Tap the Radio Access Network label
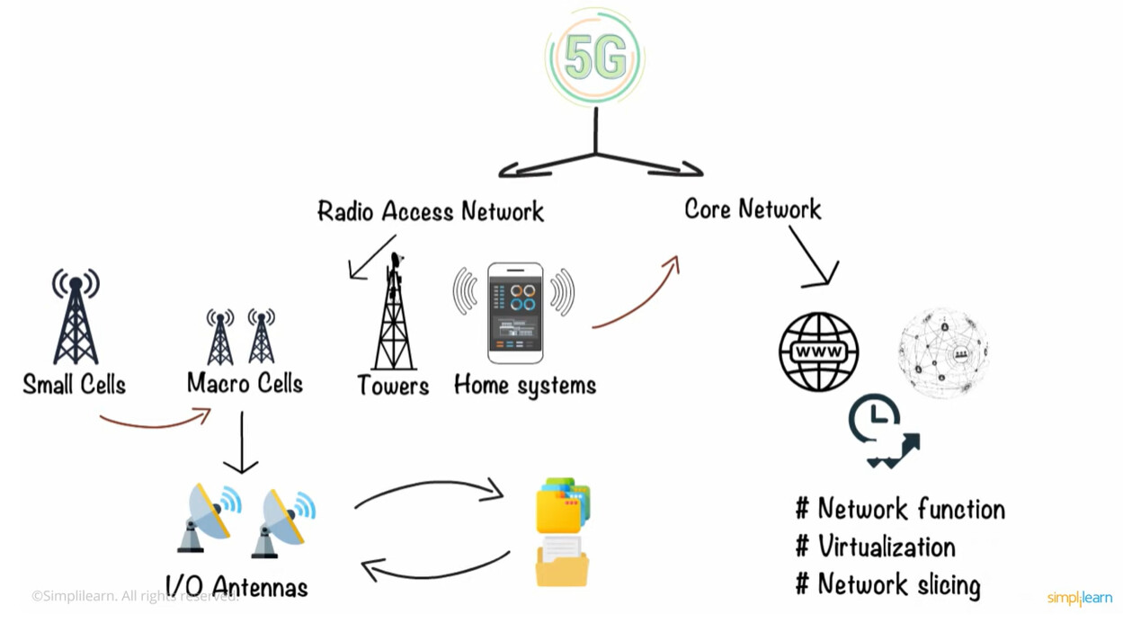(431, 211)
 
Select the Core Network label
(753, 209)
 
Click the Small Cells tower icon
(76, 316)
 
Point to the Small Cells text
(75, 385)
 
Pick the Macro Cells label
(245, 383)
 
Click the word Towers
(394, 386)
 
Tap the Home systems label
(525, 386)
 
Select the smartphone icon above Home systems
(515, 313)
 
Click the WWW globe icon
(819, 352)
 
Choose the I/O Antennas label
(236, 586)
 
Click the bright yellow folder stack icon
(563, 505)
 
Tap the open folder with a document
(561, 561)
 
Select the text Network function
(912, 509)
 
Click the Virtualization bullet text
(887, 547)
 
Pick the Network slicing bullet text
(899, 585)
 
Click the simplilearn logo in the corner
(1079, 598)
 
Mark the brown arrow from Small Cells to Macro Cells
(156, 425)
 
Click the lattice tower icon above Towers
(394, 311)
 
